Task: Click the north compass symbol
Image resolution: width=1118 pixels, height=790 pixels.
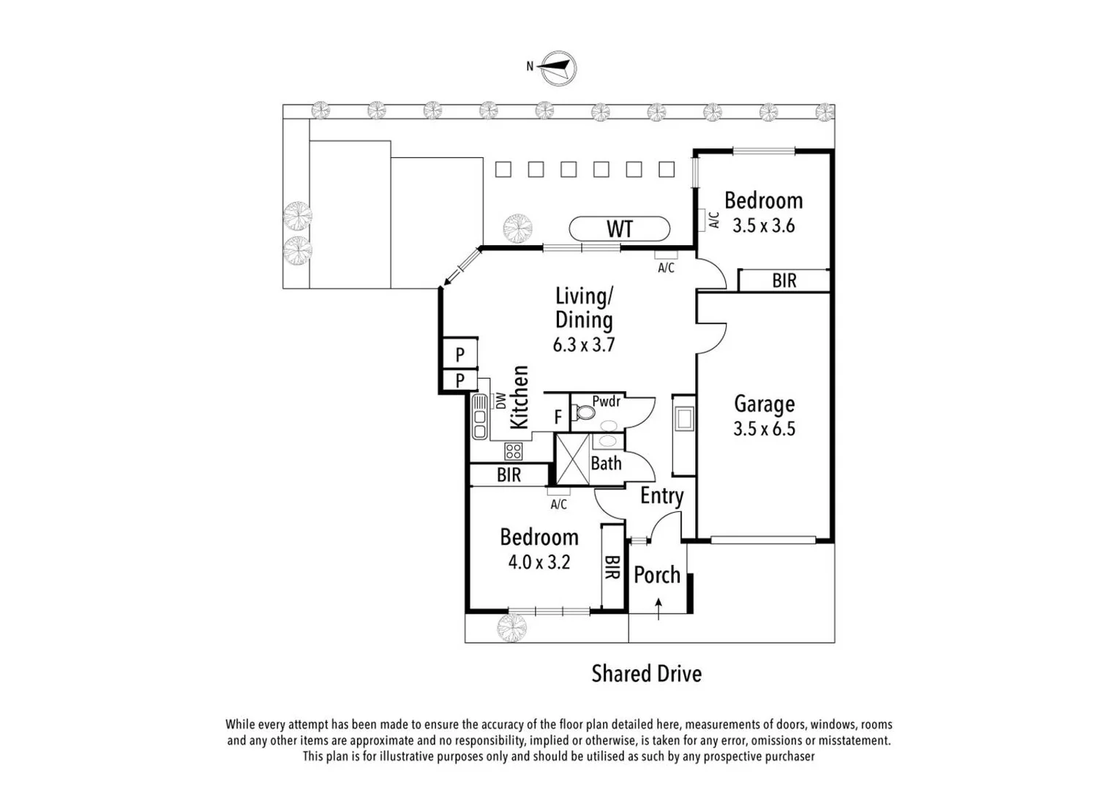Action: (x=558, y=68)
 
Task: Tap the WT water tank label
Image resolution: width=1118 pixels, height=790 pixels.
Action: (x=619, y=229)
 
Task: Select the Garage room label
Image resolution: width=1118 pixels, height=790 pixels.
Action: (x=764, y=404)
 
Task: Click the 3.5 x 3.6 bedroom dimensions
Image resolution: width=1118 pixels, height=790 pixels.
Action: (x=763, y=225)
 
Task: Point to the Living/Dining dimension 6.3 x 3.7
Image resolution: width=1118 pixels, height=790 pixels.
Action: (x=583, y=345)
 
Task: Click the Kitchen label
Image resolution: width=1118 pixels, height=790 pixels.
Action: (x=519, y=397)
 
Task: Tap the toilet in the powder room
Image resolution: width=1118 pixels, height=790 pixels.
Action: (x=585, y=413)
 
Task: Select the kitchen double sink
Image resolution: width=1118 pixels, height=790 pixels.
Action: (x=480, y=417)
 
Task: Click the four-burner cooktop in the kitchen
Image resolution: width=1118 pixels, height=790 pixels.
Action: (x=514, y=451)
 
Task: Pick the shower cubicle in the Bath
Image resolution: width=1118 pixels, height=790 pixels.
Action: (x=572, y=459)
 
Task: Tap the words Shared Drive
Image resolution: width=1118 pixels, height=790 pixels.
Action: (x=646, y=674)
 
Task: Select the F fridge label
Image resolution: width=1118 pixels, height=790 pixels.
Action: (x=558, y=417)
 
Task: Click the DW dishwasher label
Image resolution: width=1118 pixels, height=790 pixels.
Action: (x=500, y=401)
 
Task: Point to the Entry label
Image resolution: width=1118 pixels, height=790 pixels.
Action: (x=661, y=496)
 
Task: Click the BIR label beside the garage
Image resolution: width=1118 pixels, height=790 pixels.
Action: (x=784, y=281)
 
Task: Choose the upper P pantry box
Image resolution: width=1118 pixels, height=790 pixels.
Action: (x=459, y=355)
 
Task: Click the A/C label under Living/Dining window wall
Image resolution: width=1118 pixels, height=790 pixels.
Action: (x=666, y=268)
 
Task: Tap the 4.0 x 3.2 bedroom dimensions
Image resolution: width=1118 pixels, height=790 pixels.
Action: (x=539, y=563)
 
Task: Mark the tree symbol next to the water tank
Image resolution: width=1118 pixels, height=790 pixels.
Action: (x=517, y=227)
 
